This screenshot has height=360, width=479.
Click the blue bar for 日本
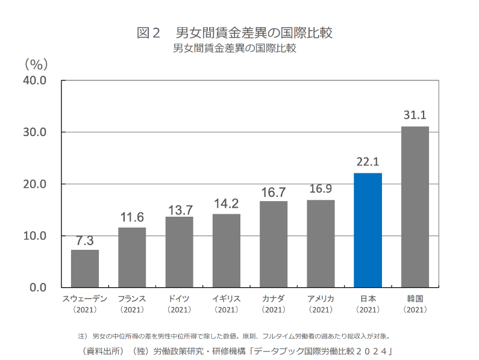[368, 230]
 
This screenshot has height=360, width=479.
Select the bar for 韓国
[415, 206]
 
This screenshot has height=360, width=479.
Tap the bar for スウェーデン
[85, 268]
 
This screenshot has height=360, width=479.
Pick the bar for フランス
[132, 258]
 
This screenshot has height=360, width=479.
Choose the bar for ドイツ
[180, 252]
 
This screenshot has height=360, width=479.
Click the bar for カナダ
[274, 244]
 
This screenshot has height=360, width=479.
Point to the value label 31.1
[415, 115]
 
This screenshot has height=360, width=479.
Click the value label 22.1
[368, 162]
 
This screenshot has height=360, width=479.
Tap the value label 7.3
[84, 241]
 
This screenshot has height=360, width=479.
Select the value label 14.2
[227, 203]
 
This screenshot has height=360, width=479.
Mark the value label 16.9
[321, 188]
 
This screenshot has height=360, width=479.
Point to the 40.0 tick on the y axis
[34, 81]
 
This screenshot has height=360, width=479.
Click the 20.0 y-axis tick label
[34, 184]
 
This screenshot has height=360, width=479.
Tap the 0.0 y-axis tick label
[38, 288]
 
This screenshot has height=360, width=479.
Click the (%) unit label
[36, 65]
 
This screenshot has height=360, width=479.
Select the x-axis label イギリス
[227, 299]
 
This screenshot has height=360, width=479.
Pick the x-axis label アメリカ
[321, 299]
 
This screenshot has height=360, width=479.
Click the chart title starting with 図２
[234, 33]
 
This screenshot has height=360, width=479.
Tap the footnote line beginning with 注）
[234, 337]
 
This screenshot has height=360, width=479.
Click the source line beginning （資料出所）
[237, 351]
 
